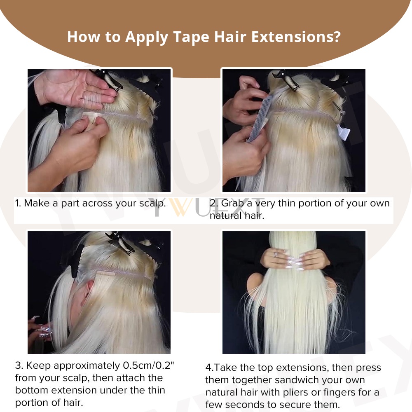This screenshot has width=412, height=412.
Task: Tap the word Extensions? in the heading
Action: tap(296, 37)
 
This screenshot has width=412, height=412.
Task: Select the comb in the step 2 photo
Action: tap(259, 119)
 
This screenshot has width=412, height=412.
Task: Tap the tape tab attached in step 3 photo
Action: tap(105, 274)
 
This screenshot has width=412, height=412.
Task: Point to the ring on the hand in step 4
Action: tap(275, 254)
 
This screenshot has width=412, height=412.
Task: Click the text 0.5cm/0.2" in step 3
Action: tap(148, 365)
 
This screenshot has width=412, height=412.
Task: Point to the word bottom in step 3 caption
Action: tap(32, 390)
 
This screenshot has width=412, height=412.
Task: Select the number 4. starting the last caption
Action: tap(210, 368)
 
